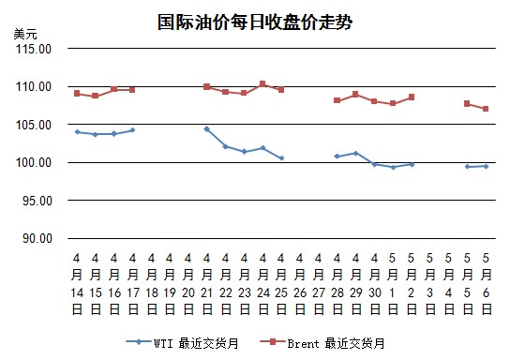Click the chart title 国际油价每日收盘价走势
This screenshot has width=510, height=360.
pyautogui.click(x=255, y=22)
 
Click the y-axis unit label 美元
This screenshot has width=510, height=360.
pyautogui.click(x=25, y=34)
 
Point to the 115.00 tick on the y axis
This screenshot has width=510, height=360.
pyautogui.click(x=34, y=49)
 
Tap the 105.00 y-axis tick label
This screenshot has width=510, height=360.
pyautogui.click(x=34, y=125)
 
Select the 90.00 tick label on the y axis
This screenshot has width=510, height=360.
pyautogui.click(x=37, y=238)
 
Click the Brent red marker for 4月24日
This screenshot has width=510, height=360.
pyautogui.click(x=262, y=83)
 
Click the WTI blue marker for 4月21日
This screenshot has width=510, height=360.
pyautogui.click(x=207, y=129)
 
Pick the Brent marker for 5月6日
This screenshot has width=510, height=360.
pyautogui.click(x=486, y=109)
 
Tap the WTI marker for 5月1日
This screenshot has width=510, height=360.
pyautogui.click(x=393, y=167)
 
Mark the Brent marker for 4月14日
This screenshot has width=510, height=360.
pyautogui.click(x=77, y=94)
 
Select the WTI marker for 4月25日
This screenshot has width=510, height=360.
pyautogui.click(x=281, y=158)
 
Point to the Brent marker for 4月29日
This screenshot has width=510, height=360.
pyautogui.click(x=355, y=95)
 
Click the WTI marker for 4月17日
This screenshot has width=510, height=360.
pyautogui.click(x=132, y=130)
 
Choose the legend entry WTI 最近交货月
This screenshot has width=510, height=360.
pyautogui.click(x=183, y=343)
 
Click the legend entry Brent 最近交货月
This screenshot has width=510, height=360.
pyautogui.click(x=322, y=343)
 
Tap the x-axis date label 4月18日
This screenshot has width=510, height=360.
pyautogui.click(x=152, y=284)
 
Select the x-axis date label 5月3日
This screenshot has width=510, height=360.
pyautogui.click(x=430, y=284)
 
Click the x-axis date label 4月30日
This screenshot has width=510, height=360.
pyautogui.click(x=375, y=284)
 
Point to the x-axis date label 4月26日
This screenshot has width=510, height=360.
pyautogui.click(x=300, y=284)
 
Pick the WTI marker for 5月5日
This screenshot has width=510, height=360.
pyautogui.click(x=468, y=167)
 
